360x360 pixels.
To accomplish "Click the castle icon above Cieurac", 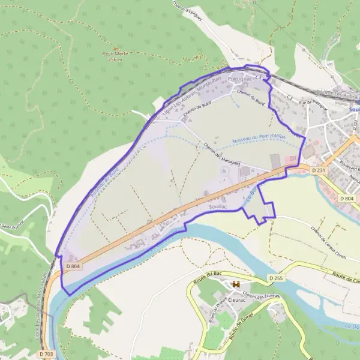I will coord(236,284).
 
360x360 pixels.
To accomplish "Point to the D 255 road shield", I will coord(276,278).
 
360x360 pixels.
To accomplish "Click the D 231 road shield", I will coord(319,171).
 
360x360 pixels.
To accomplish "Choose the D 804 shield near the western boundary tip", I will coord(73,266).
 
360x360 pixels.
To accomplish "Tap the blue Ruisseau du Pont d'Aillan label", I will coord(259,139).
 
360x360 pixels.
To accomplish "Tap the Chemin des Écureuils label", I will coord(260,293).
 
